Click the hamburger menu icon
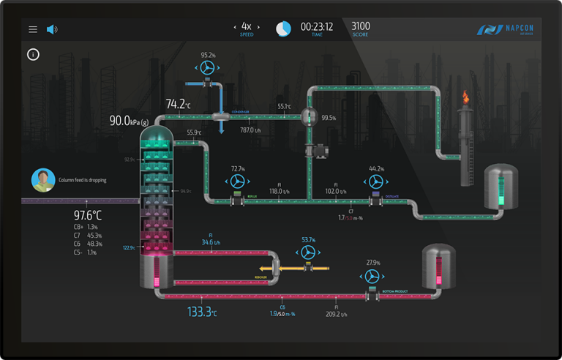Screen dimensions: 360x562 [33, 29]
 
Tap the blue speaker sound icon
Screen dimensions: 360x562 [52, 29]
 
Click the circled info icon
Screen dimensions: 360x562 [33, 54]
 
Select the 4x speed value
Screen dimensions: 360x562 [247, 26]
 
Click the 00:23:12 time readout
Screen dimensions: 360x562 [317, 26]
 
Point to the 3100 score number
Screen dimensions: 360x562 [361, 26]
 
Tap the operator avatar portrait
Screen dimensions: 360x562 [43, 179]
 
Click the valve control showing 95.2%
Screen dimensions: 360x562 [209, 67]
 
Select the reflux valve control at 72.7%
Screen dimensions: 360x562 [237, 181]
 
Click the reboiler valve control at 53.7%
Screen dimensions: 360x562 [309, 251]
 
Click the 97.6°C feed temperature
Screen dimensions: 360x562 [88, 215]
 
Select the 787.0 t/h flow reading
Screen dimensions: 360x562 [251, 130]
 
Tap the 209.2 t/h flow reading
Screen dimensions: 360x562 [337, 315]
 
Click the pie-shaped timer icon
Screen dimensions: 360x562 [283, 29]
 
